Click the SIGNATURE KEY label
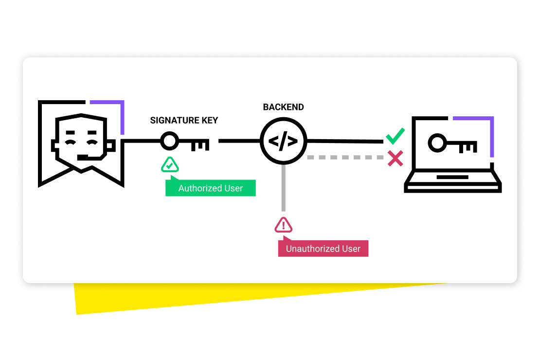click(x=184, y=121)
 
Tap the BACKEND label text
click(x=283, y=107)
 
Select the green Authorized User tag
click(x=211, y=188)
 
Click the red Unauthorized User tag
click(x=323, y=249)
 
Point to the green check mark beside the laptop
click(x=395, y=136)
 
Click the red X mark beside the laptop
click(x=395, y=158)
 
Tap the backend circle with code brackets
click(x=283, y=142)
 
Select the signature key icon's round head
click(x=170, y=142)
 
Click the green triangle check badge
click(x=170, y=166)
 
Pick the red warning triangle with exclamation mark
click(x=284, y=225)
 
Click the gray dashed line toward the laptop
click(x=345, y=158)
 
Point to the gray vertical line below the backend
click(x=283, y=190)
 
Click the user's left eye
click(x=71, y=142)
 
